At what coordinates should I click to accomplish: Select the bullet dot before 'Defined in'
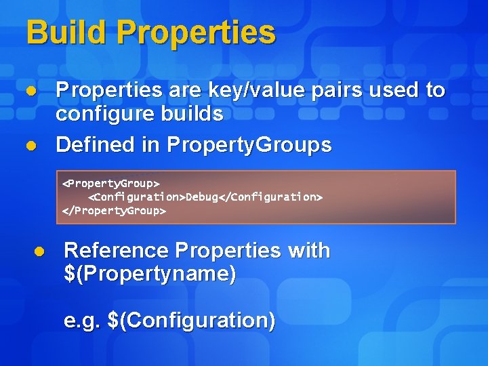(x=30, y=145)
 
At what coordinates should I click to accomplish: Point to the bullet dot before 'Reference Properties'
(x=39, y=251)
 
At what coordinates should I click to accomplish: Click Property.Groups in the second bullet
(x=249, y=144)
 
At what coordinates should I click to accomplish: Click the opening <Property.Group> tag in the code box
(x=110, y=184)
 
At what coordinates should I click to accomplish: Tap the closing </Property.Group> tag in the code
(x=114, y=210)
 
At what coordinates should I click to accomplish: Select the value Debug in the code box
(x=202, y=197)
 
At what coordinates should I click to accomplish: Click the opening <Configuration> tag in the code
(x=137, y=197)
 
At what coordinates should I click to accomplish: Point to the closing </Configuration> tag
(x=270, y=197)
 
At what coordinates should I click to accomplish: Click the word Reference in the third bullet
(x=116, y=251)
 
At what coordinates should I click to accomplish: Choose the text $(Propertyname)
(x=150, y=274)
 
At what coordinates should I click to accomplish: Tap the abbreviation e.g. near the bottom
(x=82, y=320)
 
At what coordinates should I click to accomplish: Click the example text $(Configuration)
(x=191, y=320)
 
